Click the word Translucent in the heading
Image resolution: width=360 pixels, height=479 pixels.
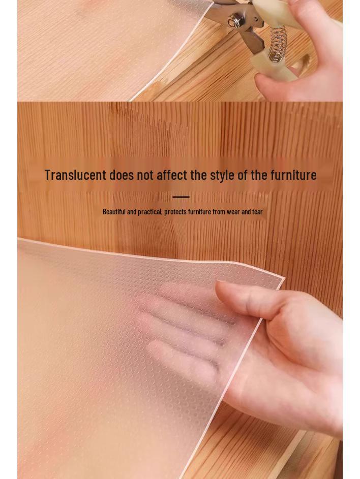75,175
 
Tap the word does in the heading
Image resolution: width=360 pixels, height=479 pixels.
122,175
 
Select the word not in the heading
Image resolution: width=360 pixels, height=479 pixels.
145,175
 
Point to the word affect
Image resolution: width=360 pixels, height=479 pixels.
172,175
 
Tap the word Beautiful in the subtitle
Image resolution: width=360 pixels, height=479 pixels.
114,212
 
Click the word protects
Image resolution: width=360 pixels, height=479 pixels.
175,212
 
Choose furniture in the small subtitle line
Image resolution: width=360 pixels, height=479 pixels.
199,212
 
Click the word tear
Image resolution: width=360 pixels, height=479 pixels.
257,212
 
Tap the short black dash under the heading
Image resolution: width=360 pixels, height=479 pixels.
181,197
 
